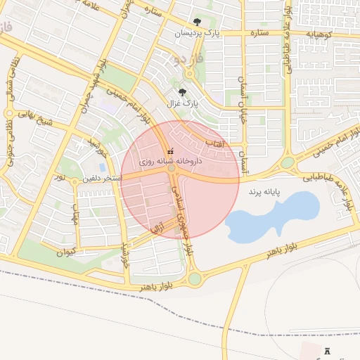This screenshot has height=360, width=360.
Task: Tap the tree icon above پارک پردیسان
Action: (x=197, y=22)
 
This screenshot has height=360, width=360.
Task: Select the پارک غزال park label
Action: (x=183, y=103)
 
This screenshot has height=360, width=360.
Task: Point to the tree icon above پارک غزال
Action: (x=183, y=92)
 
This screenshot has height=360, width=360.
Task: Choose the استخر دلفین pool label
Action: (x=102, y=179)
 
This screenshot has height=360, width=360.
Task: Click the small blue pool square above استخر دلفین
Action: (x=103, y=168)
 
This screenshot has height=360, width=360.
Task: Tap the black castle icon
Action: (x=328, y=349)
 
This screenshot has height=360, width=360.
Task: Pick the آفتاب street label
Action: (x=213, y=143)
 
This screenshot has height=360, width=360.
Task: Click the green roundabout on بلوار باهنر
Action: (x=194, y=278)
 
